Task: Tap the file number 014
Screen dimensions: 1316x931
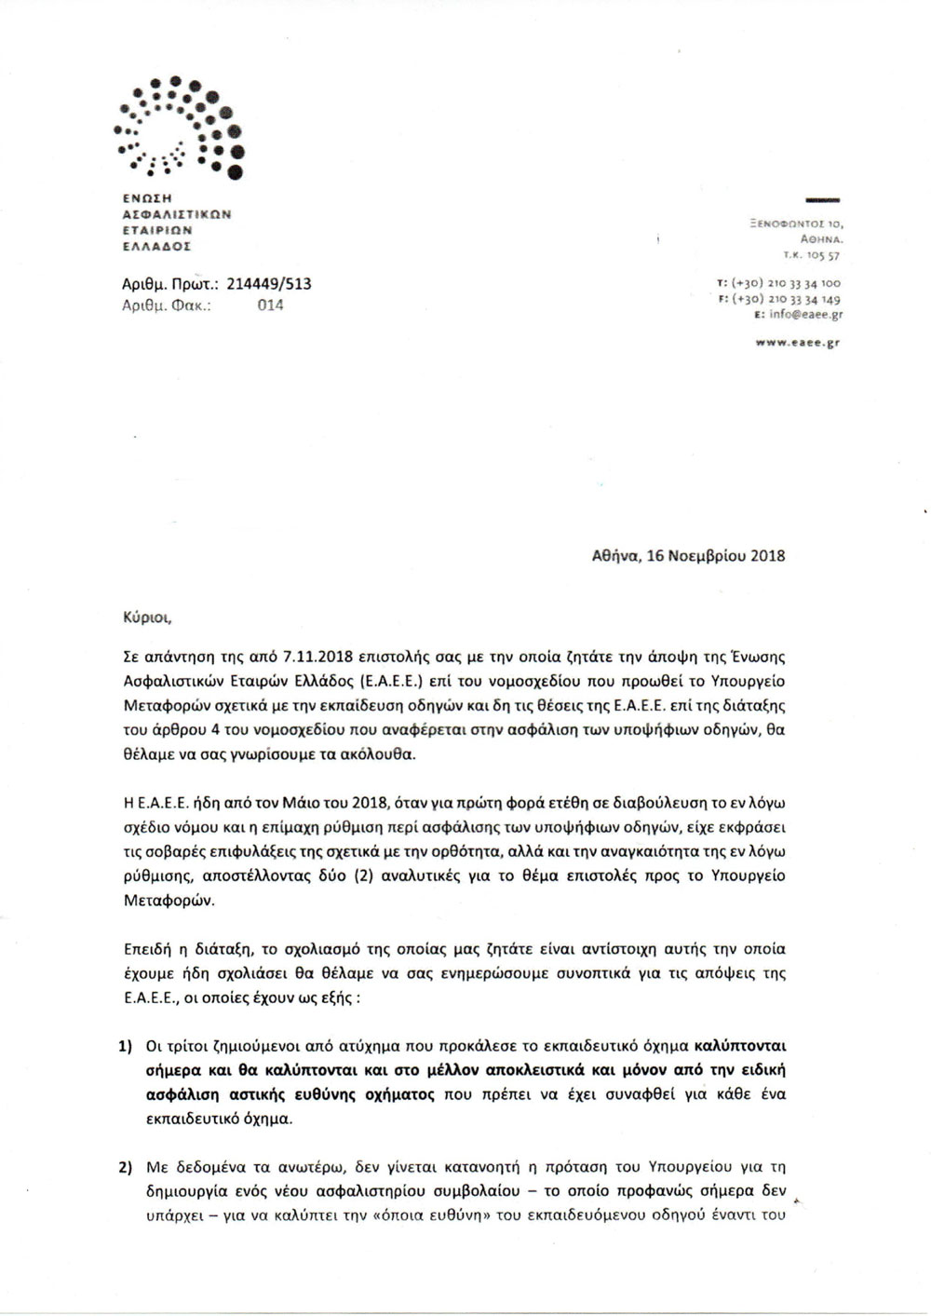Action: point(270,305)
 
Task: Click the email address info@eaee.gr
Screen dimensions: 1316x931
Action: point(807,316)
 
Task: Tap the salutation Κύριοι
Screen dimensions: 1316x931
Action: point(147,617)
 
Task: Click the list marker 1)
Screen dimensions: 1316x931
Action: point(126,1046)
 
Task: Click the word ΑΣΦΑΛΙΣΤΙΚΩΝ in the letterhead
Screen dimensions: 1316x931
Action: point(177,213)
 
